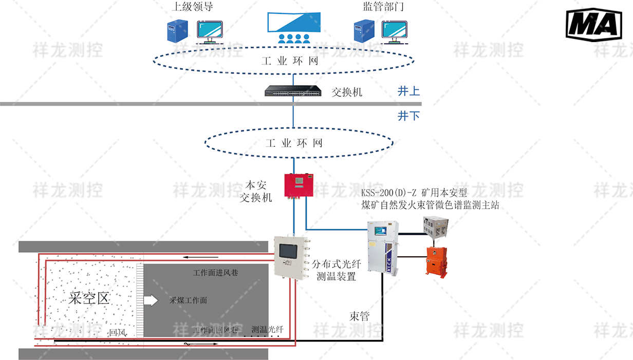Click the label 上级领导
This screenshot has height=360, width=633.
coord(192,7)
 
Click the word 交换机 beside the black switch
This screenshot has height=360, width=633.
coord(347,92)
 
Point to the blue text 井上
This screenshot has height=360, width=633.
coord(408,91)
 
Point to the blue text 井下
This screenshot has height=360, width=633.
coord(408,116)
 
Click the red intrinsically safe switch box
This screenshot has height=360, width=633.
coord(299,185)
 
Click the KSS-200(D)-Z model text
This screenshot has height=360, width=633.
coord(414,193)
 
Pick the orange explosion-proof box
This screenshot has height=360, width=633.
coord(437,260)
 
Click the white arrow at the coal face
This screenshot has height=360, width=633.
coord(151,300)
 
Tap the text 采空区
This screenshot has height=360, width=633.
coord(89,298)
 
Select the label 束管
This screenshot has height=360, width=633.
coord(359,316)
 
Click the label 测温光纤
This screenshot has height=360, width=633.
coord(268,329)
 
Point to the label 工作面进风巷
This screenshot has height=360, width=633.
coord(215,272)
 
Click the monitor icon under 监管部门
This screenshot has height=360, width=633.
coord(394,32)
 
